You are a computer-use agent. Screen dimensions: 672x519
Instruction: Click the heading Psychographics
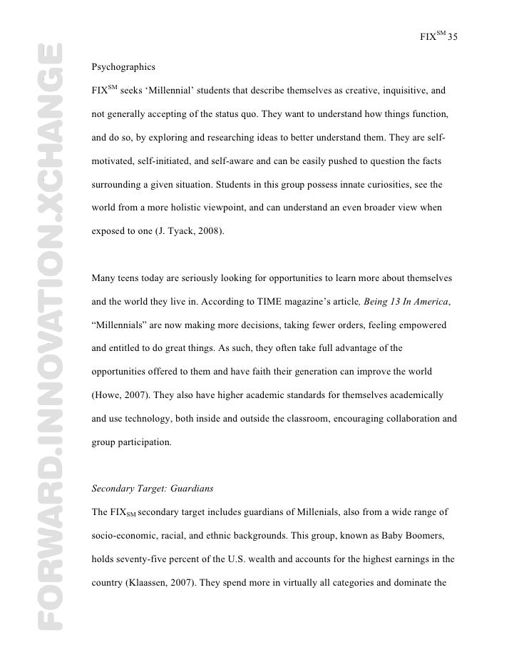click(123, 68)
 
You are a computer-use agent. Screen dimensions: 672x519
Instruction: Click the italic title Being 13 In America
click(407, 302)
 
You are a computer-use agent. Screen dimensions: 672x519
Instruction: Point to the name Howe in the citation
click(108, 394)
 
